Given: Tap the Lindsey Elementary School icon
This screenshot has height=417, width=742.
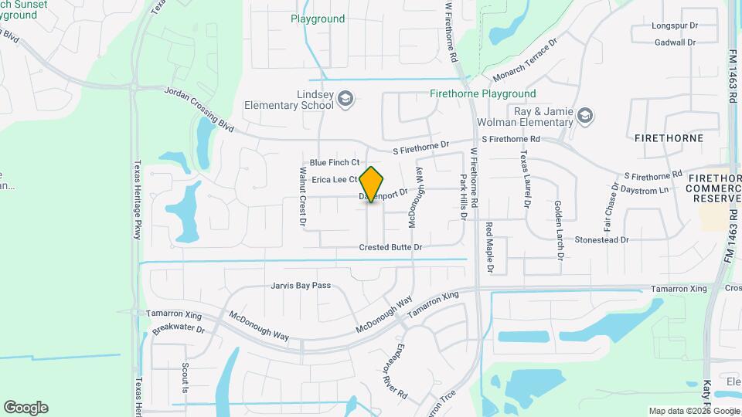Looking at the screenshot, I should point(345,98).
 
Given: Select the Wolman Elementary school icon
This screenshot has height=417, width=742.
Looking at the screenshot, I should point(585,115).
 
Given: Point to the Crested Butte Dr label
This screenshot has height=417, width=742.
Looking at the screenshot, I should point(390,247).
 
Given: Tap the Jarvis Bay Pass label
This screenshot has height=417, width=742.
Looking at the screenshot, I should point(301,286).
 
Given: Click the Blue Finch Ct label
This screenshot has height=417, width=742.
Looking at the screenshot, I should point(335,162).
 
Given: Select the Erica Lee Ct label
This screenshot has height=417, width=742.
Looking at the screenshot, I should point(334,179).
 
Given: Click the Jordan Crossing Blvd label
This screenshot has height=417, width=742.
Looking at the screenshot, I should point(199,107).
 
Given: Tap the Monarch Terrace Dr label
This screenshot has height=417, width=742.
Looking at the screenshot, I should point(525,61).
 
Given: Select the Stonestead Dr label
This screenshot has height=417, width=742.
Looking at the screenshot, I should point(602,240).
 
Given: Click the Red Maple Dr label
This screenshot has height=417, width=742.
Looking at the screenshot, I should point(489,247).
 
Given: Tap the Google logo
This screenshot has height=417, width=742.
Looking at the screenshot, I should point(26,408).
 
